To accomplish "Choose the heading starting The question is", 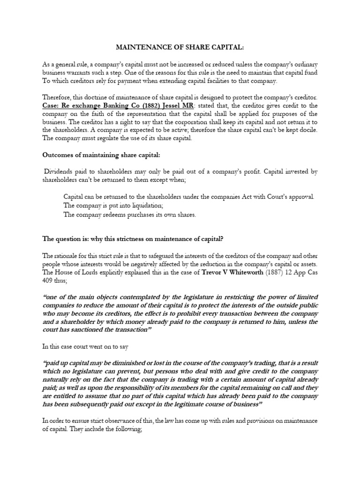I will point(133,239).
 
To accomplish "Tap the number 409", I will point(48,280).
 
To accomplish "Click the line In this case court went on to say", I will point(87,347).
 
